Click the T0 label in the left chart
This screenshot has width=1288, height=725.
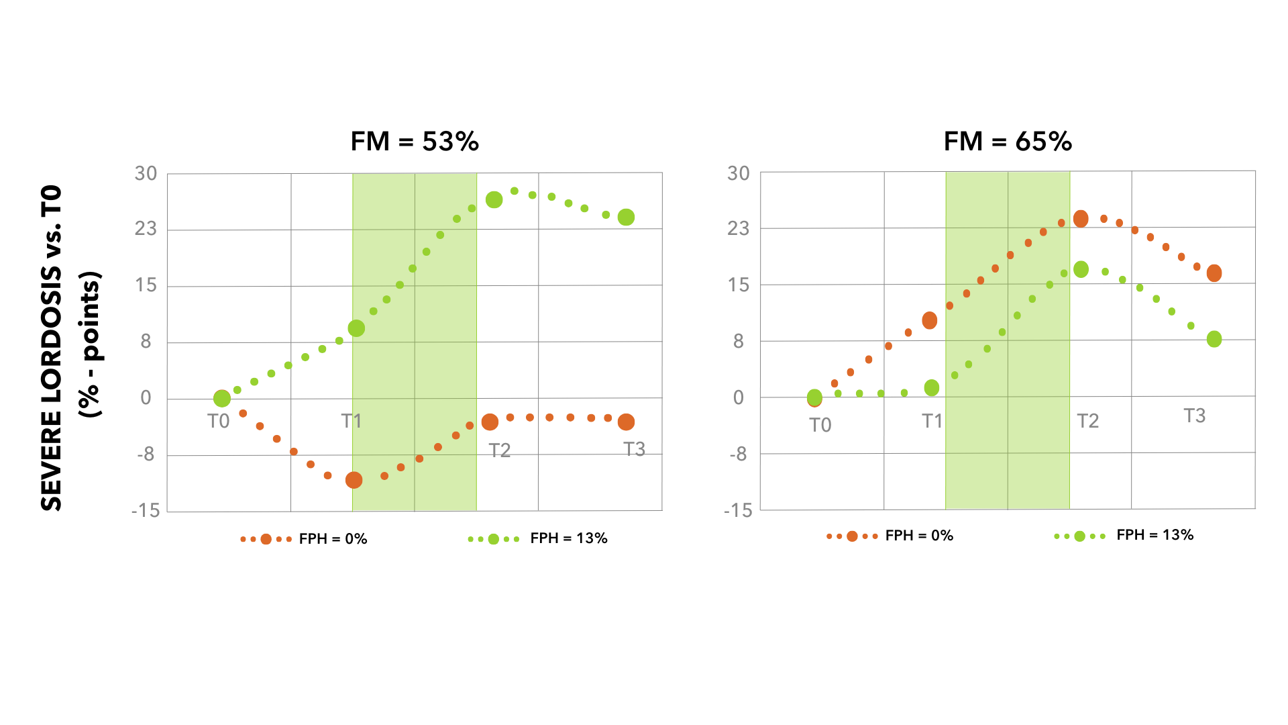pyautogui.click(x=219, y=421)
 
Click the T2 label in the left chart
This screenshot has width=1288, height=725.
pyautogui.click(x=500, y=450)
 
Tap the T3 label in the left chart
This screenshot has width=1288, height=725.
pyautogui.click(x=634, y=448)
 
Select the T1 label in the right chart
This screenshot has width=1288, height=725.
pyautogui.click(x=932, y=421)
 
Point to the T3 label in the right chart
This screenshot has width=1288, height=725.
pyautogui.click(x=1194, y=416)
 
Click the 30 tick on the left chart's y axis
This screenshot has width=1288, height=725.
pyautogui.click(x=146, y=174)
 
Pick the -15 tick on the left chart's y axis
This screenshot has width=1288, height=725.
pyautogui.click(x=146, y=511)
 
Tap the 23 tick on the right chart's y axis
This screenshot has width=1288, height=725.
pyautogui.click(x=738, y=229)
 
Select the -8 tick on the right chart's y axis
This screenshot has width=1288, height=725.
pyautogui.click(x=738, y=454)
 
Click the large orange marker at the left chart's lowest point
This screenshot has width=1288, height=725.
pyautogui.click(x=354, y=480)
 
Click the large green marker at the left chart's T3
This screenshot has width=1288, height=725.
pyautogui.click(x=626, y=217)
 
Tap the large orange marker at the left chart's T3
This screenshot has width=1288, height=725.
pyautogui.click(x=626, y=422)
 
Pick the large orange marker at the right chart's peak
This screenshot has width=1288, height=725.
pyautogui.click(x=1081, y=219)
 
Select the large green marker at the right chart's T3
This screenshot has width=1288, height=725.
pyautogui.click(x=1214, y=339)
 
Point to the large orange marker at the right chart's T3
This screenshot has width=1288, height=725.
pyautogui.click(x=1214, y=273)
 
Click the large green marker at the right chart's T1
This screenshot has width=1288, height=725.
pyautogui.click(x=932, y=387)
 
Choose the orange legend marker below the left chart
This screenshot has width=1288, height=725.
pyautogui.click(x=266, y=539)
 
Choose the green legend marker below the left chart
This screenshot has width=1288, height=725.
pyautogui.click(x=494, y=539)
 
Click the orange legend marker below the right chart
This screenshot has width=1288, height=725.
pyautogui.click(x=853, y=536)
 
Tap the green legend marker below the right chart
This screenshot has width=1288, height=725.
pyautogui.click(x=1080, y=536)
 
